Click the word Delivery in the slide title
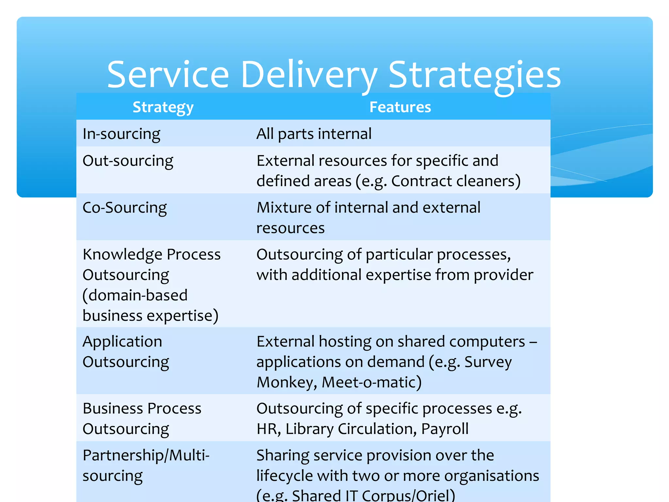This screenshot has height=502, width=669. [309, 75]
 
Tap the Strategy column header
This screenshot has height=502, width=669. [163, 107]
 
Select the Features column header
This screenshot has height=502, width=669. [400, 107]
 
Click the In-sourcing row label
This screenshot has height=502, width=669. [122, 134]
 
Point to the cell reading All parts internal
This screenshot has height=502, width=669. [314, 134]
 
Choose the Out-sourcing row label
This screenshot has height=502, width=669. [128, 161]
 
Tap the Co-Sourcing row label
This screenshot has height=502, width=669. [124, 208]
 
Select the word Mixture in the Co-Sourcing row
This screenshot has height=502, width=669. [283, 208]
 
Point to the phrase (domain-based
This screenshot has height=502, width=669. [135, 295]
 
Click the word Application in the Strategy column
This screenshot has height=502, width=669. [122, 342]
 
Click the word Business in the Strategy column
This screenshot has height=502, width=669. [113, 409]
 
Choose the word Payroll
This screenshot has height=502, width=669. [445, 429]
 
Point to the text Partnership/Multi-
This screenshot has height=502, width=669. [146, 456]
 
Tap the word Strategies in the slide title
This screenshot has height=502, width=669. [475, 75]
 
